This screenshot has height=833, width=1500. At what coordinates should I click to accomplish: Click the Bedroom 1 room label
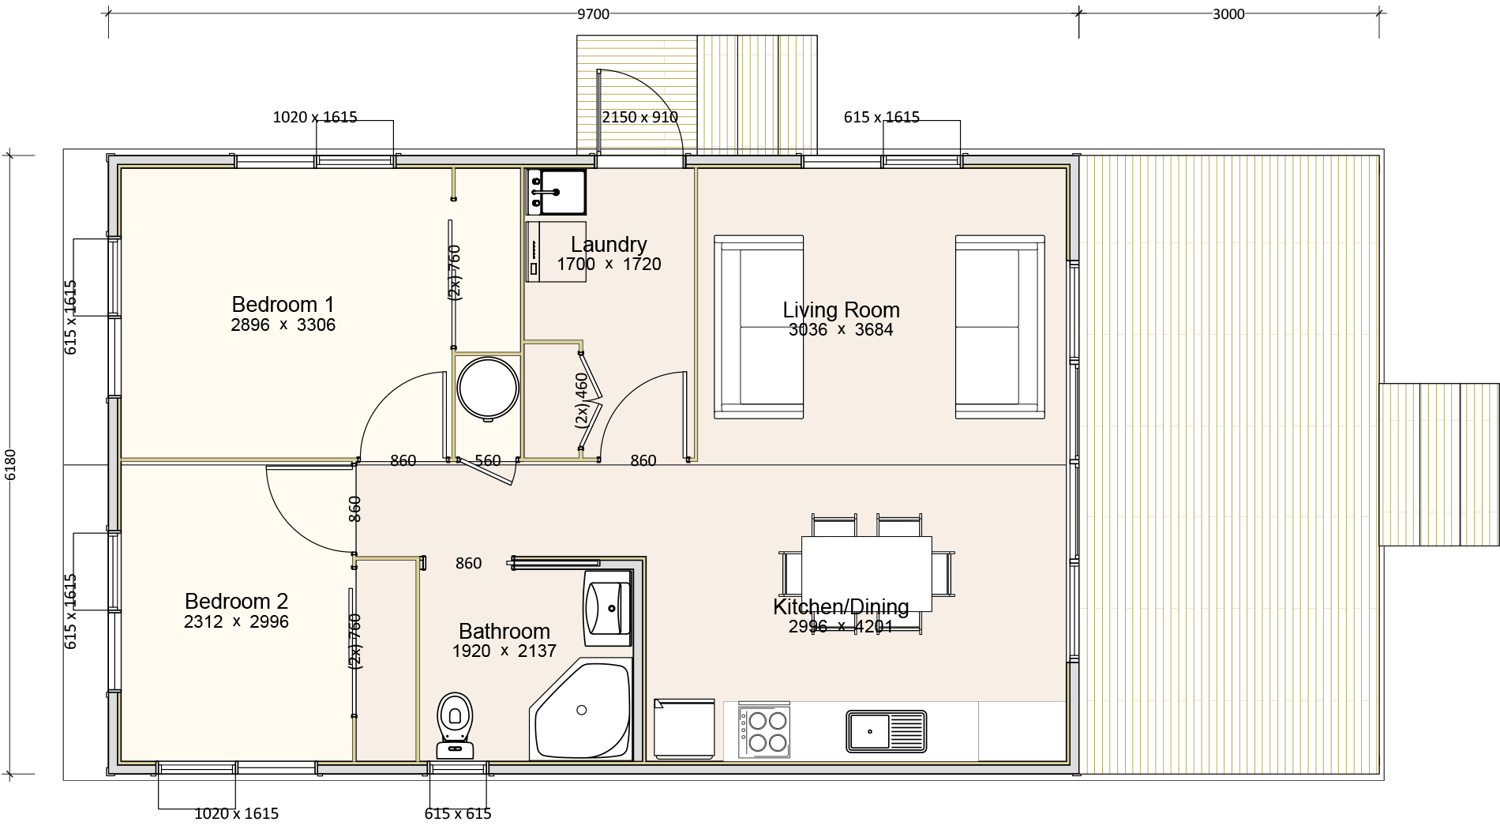(283, 304)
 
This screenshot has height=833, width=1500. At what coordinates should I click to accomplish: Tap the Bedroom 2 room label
(236, 601)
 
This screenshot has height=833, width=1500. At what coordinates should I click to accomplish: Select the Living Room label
(841, 310)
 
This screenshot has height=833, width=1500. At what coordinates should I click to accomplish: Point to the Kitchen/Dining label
(841, 606)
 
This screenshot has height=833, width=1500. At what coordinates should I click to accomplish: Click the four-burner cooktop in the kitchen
(763, 731)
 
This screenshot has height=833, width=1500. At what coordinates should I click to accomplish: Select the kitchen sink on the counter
(886, 731)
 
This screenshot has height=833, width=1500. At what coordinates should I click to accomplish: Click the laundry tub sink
(557, 192)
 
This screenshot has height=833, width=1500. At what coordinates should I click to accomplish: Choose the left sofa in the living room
(759, 326)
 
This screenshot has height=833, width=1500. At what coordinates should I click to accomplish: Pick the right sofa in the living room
(1000, 326)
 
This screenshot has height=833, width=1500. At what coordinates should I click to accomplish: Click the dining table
(867, 574)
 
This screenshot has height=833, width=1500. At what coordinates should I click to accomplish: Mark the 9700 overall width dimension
(593, 14)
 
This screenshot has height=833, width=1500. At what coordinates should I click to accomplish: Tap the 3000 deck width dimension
(1228, 14)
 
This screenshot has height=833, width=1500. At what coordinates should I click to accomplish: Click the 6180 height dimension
(10, 464)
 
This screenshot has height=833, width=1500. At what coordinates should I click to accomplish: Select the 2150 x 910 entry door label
(639, 118)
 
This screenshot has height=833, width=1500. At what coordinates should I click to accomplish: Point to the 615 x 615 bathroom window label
(458, 814)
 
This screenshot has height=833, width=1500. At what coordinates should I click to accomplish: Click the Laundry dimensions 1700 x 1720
(609, 265)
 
